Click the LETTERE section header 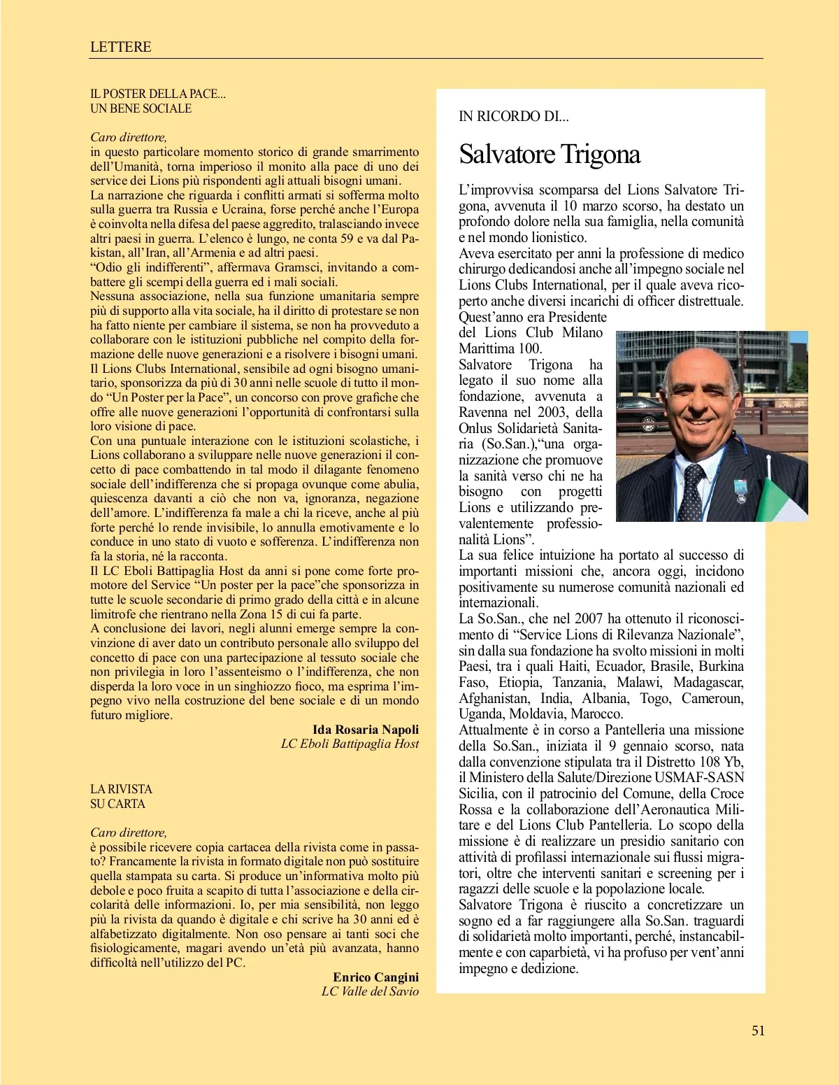120,47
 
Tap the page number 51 758,1030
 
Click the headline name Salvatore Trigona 550,154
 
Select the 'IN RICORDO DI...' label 513,117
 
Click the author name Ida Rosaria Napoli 366,730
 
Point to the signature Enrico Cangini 375,977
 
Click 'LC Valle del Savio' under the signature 370,991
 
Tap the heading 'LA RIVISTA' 121,789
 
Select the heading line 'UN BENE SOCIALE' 141,108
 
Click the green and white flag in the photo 783,500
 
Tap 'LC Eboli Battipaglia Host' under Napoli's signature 350,744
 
